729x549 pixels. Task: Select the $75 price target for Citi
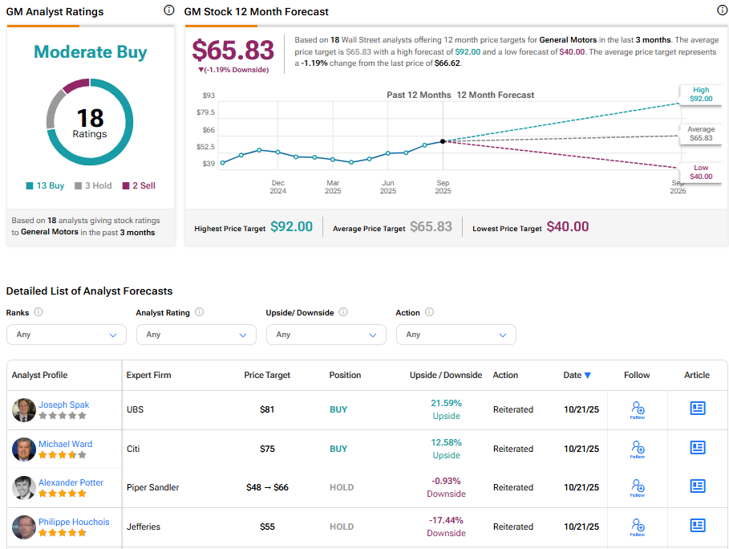point(267,449)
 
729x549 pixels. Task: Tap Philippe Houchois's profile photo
point(24,527)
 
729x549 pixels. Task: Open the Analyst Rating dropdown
point(196,335)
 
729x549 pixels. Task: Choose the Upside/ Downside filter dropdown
point(326,335)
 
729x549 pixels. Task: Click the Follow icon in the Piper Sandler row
point(638,487)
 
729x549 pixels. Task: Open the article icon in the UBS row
point(698,409)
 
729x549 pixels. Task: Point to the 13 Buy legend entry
point(45,185)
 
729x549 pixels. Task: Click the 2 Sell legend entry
point(139,185)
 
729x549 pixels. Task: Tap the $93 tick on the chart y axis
point(209,96)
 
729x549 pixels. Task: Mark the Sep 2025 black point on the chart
point(443,141)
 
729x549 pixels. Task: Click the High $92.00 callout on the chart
point(701,95)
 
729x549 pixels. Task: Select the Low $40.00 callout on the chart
point(701,172)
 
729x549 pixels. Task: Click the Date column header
point(577,375)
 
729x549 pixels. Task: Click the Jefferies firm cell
point(144,527)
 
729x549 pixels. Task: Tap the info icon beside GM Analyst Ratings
point(168,10)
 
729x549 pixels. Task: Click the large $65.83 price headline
point(233,50)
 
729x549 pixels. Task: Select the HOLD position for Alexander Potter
point(341,487)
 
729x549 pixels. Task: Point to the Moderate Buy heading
point(90,52)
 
